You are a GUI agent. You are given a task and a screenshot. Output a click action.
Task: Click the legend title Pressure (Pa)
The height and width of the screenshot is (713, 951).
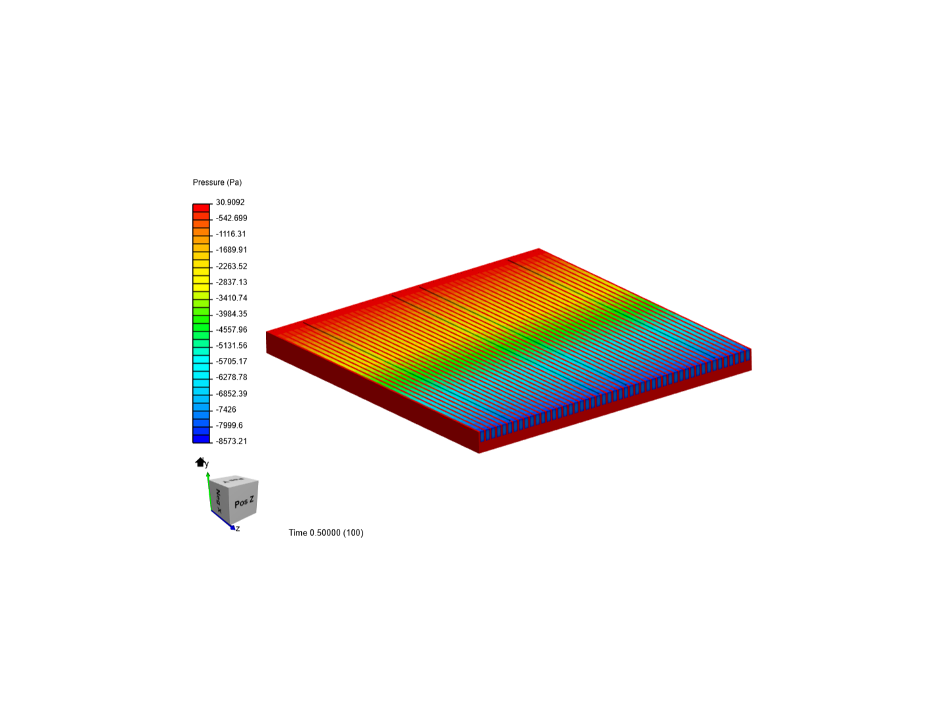[x=217, y=182]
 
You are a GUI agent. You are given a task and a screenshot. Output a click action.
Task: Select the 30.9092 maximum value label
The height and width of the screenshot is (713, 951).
[x=230, y=202]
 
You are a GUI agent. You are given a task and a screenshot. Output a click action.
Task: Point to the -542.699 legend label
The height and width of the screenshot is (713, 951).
[x=231, y=218]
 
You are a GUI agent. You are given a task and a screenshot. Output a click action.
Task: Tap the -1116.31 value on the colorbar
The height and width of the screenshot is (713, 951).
[x=231, y=234]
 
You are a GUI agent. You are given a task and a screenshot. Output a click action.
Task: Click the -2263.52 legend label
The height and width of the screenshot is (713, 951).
[x=231, y=266]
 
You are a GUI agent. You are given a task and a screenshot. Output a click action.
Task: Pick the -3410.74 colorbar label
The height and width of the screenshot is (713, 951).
[x=231, y=298]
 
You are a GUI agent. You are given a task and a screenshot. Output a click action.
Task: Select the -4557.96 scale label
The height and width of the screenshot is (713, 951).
[x=231, y=329]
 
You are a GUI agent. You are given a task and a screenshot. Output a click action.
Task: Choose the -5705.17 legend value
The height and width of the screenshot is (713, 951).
[x=231, y=361]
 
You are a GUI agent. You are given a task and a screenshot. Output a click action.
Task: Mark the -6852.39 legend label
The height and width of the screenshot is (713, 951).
[x=231, y=393]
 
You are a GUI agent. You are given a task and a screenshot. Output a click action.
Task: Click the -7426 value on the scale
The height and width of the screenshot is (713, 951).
[x=226, y=409]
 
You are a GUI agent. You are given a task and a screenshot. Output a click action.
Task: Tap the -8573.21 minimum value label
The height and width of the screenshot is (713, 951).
[x=231, y=441]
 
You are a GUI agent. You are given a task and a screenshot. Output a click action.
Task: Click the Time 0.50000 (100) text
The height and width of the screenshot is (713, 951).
[x=326, y=533]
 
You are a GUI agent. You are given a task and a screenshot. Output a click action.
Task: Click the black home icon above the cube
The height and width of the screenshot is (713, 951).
[x=200, y=461]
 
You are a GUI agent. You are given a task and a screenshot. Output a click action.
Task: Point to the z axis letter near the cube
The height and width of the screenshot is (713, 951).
[x=238, y=528]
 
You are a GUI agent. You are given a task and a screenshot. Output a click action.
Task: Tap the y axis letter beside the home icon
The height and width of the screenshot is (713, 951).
[x=207, y=464]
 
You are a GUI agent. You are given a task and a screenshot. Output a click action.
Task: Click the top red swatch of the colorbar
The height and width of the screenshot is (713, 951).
[x=201, y=207]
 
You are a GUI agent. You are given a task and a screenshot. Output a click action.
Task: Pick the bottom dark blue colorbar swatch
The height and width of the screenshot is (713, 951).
[x=201, y=439]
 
